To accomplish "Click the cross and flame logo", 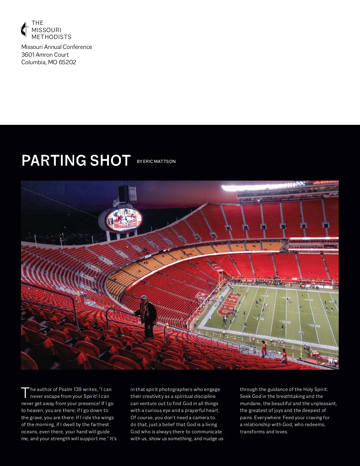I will click(25, 29).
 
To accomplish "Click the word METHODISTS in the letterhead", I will click(51, 37).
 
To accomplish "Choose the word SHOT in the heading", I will click(110, 160).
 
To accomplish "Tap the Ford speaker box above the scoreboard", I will click(127, 194).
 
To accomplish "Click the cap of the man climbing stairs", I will click(144, 297).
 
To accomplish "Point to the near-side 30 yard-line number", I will click(314, 325).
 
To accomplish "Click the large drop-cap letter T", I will click(25, 392).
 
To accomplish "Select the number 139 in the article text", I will click(77, 389).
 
